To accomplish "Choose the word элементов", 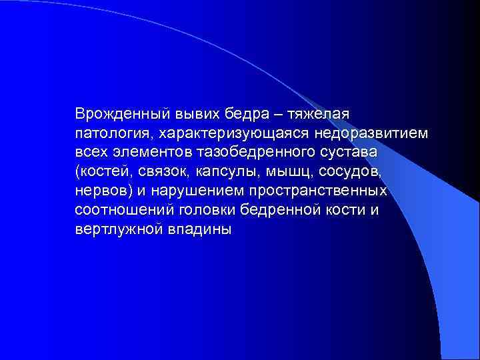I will click(x=147, y=152).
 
